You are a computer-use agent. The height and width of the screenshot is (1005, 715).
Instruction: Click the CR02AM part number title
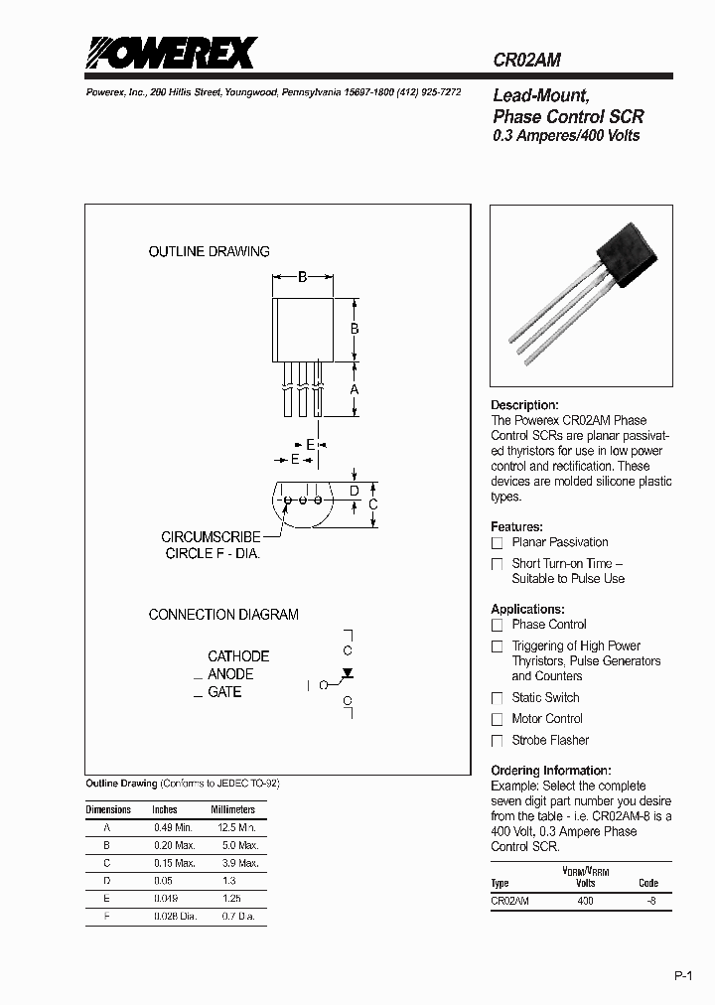[x=527, y=60]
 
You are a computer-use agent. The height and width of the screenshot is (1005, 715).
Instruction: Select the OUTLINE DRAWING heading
[x=209, y=252]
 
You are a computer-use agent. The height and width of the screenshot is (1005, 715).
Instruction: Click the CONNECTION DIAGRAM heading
[x=223, y=615]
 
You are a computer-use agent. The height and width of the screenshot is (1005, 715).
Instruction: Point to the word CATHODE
[x=238, y=656]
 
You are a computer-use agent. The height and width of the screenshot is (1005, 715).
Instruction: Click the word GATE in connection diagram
[x=224, y=692]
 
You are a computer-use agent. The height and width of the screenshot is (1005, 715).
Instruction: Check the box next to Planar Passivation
[x=498, y=543]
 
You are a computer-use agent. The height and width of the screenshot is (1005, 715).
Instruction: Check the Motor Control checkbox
[x=498, y=719]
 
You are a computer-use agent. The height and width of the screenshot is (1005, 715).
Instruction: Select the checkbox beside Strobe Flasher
[x=498, y=741]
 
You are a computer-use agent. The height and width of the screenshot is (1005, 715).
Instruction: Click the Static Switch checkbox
[x=498, y=698]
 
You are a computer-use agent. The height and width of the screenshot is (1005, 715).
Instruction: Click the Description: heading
[x=524, y=405]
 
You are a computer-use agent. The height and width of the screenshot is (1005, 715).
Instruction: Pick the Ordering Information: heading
[x=550, y=771]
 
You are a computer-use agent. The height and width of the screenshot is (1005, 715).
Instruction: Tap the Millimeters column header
[x=232, y=809]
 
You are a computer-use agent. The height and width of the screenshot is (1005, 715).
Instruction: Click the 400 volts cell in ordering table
[x=585, y=901]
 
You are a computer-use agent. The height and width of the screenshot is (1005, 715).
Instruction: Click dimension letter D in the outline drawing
[x=355, y=491]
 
